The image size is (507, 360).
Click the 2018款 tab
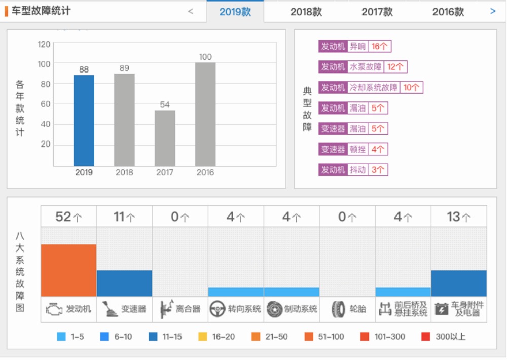pos(306,12)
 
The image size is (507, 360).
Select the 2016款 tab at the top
pos(448,12)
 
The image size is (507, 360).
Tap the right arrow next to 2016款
pos(493,11)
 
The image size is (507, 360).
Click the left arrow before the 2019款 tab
pos(191,11)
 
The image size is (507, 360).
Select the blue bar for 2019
pos(84,121)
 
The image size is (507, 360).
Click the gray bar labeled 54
pos(165,138)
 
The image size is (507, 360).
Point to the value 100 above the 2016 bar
pos(205,57)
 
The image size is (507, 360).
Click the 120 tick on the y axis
pos(44,44)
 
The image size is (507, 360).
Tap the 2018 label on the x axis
pos(124,172)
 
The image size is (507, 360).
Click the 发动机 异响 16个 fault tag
pos(354,46)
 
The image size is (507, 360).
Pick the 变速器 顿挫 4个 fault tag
pos(353,149)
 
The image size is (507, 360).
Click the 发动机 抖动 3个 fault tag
pos(353,170)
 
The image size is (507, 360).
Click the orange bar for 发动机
pos(68,270)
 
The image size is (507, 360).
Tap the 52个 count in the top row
pos(68,217)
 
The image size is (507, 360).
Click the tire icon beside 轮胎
pos(338,309)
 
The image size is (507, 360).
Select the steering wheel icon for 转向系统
pos(218,309)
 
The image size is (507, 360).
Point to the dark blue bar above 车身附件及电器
pos(459,283)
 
